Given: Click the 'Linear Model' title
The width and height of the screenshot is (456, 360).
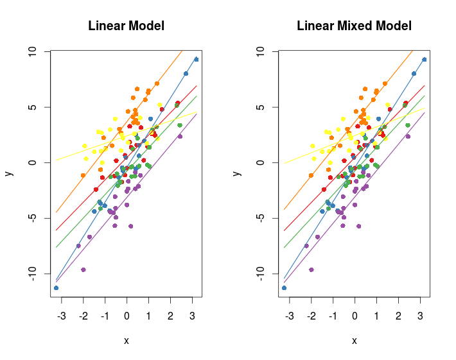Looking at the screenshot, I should coord(126,26).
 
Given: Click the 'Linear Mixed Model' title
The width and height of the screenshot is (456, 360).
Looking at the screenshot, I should coord(354,26).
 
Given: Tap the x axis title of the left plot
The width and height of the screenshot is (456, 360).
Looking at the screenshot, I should coord(126,341).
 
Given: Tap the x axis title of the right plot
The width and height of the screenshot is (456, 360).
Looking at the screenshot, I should coord(354,341).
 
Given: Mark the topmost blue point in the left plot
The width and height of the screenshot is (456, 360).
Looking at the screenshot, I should coord(197,60).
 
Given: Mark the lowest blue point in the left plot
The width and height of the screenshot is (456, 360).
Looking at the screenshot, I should coord(56,287).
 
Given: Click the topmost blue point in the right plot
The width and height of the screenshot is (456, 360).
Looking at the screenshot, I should coord(425,60).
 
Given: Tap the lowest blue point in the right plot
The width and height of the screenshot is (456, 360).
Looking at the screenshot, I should coord(284,287).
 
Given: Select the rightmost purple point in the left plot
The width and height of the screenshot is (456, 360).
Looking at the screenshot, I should coord(180,136).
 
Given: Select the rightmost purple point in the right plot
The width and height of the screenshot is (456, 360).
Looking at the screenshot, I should coord(408,136).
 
